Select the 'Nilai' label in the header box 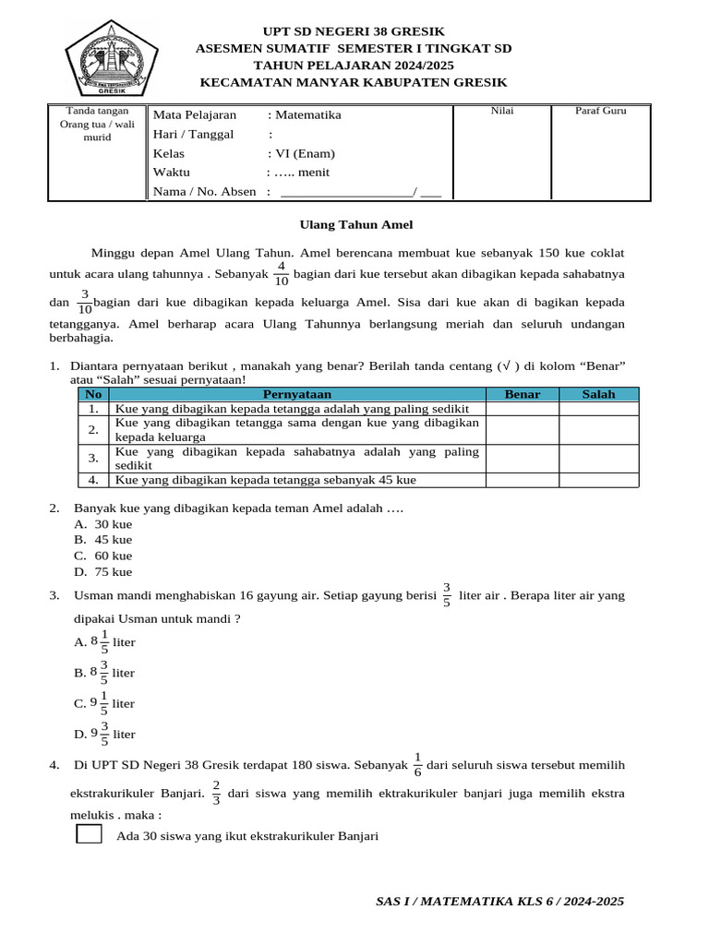click(x=502, y=111)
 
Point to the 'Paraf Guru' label click(x=600, y=111)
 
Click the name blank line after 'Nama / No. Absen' click(x=347, y=192)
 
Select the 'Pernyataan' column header click(x=296, y=394)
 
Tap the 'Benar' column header click(x=523, y=394)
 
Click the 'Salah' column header click(x=598, y=394)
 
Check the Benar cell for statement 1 click(x=523, y=408)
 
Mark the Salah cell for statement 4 click(x=598, y=480)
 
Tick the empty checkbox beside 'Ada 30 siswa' click(x=90, y=835)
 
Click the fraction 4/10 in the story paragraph click(x=281, y=274)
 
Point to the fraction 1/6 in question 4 click(x=417, y=765)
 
